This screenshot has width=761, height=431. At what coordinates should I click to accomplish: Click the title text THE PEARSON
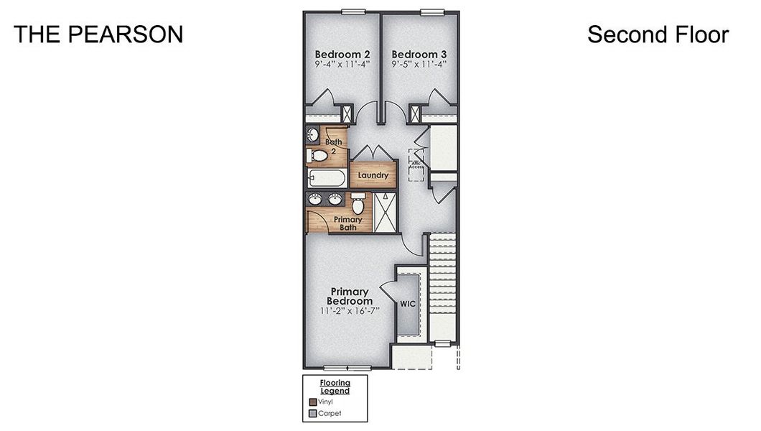[98, 34]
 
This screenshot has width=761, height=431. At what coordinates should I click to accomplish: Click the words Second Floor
[658, 34]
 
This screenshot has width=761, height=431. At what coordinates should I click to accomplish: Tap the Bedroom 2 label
[342, 54]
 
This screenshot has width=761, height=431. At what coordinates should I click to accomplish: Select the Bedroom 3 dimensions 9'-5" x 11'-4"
[419, 64]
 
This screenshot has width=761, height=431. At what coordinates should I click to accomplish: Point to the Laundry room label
[373, 175]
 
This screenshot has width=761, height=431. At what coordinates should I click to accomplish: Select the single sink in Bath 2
[313, 134]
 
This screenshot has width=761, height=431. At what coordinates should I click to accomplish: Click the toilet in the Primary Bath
[358, 205]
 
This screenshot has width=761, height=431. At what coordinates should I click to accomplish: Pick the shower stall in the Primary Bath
[384, 213]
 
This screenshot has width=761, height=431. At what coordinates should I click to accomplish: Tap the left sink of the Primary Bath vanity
[316, 199]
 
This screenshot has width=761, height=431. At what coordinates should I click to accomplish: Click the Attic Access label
[416, 164]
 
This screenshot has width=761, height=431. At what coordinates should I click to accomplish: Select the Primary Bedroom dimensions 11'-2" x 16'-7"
[349, 311]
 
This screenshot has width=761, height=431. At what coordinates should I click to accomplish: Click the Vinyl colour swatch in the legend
[312, 402]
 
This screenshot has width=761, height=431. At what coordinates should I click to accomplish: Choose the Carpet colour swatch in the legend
[312, 414]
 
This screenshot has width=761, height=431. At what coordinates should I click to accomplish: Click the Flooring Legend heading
[335, 386]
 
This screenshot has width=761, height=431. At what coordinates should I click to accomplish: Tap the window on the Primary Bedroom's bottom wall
[351, 369]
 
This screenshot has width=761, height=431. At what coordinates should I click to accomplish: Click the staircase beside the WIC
[443, 287]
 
